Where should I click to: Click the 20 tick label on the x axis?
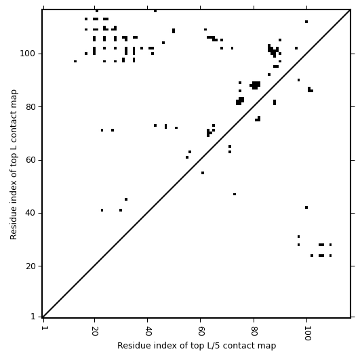click(94, 331)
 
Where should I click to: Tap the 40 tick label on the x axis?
click(147, 331)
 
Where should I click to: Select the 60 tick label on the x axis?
click(201, 331)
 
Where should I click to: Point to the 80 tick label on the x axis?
click(254, 331)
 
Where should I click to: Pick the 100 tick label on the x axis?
click(307, 334)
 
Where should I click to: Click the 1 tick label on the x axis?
click(43, 328)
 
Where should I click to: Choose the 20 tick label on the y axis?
click(31, 266)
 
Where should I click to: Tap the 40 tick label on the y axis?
click(31, 213)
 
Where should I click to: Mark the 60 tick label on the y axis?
click(31, 160)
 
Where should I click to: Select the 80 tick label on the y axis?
click(31, 106)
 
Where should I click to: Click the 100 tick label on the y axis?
click(28, 54)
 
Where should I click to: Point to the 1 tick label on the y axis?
click(33, 317)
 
